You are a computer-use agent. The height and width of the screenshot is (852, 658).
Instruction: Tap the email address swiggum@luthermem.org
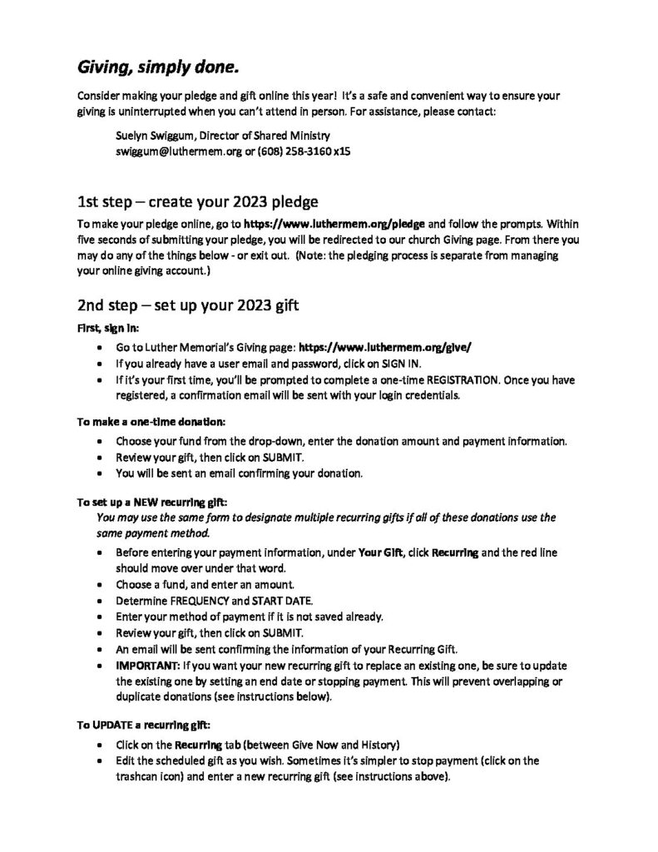(175, 153)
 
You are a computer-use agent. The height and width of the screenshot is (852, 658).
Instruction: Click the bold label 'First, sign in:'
(104, 328)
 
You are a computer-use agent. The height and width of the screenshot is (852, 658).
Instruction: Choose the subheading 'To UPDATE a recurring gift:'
(143, 725)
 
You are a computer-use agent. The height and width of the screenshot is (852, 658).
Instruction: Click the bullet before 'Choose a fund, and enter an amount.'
(101, 585)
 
